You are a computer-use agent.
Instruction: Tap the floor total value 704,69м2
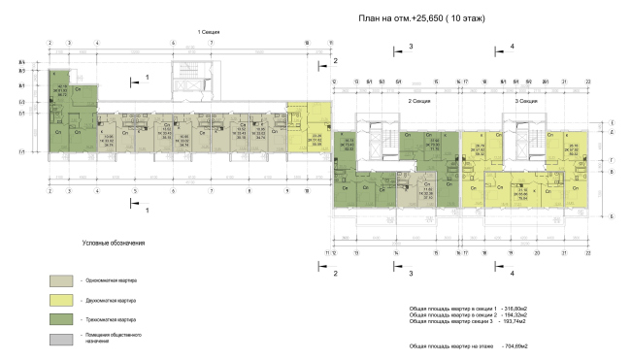click(515, 344)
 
